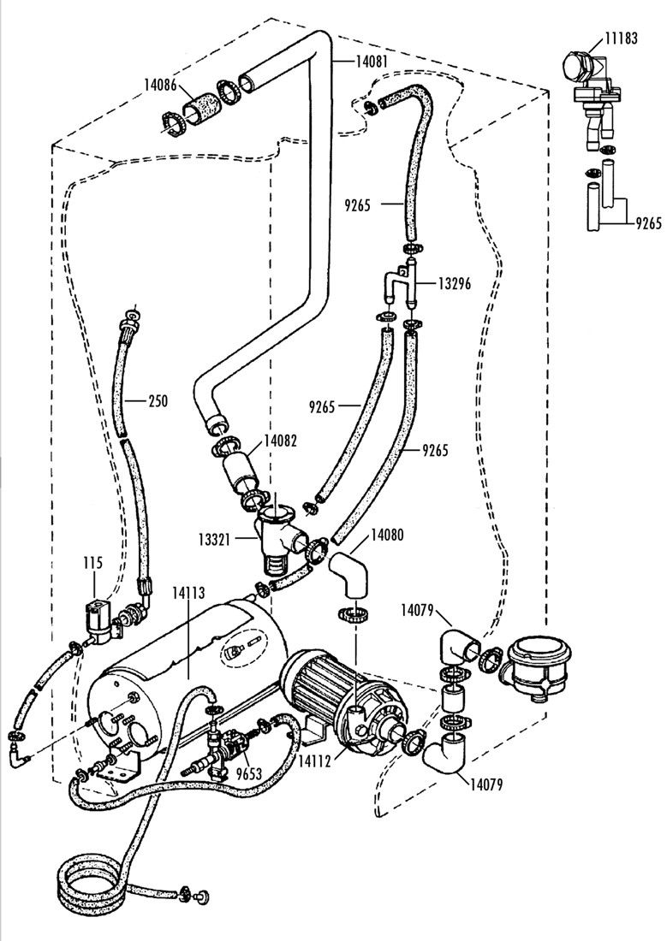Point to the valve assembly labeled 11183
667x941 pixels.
(589, 81)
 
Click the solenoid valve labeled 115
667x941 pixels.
(100, 621)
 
